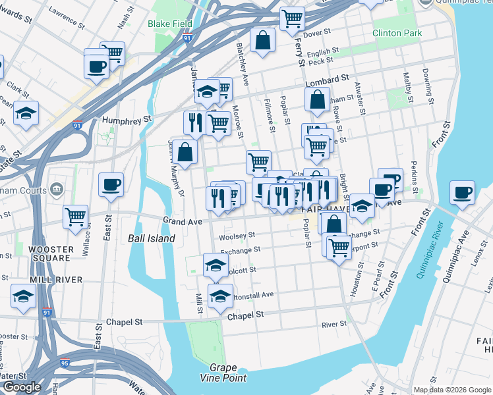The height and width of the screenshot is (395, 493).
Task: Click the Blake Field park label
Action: (x=170, y=24)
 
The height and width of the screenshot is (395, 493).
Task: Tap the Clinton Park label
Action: (x=396, y=33)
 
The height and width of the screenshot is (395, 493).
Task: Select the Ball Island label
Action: (x=152, y=238)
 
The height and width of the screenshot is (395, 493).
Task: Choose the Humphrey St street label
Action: (x=127, y=120)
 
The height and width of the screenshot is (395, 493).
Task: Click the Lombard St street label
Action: (x=327, y=80)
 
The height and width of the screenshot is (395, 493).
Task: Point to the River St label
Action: (x=334, y=325)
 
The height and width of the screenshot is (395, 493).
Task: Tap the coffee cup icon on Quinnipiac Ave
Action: (x=462, y=192)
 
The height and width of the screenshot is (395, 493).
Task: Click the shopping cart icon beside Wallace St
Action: (x=76, y=215)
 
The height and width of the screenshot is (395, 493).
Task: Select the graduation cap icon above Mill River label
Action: (x=24, y=297)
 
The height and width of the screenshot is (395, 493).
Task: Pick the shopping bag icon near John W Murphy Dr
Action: (x=187, y=151)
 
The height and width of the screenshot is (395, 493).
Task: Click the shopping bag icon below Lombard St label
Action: (x=317, y=99)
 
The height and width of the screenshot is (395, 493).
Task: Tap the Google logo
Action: (x=22, y=387)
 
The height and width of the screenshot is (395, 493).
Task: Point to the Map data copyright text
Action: (x=451, y=390)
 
